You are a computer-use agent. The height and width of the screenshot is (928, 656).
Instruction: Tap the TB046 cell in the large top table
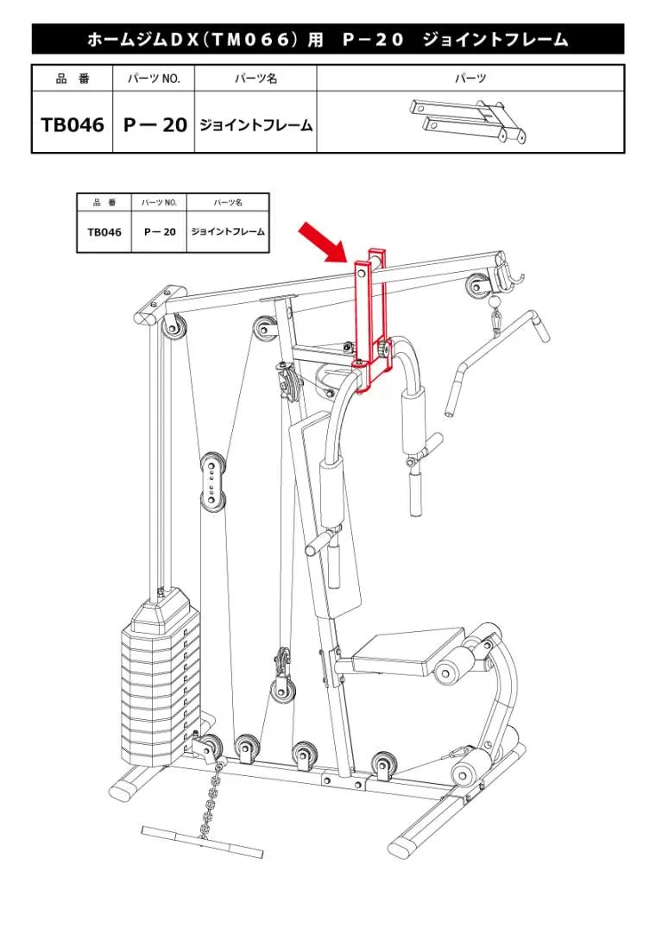(73, 124)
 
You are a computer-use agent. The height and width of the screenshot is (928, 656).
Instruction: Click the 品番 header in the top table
(73, 79)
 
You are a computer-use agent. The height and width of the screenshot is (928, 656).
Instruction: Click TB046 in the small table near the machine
(104, 232)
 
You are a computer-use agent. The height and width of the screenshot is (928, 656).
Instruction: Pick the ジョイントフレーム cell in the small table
(228, 231)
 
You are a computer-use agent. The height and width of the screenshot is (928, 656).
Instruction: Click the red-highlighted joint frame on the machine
(371, 319)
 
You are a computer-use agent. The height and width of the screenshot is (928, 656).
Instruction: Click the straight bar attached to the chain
(202, 841)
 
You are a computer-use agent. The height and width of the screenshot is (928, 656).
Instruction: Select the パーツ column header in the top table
(470, 79)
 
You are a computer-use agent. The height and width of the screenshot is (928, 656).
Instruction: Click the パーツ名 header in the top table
(255, 79)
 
